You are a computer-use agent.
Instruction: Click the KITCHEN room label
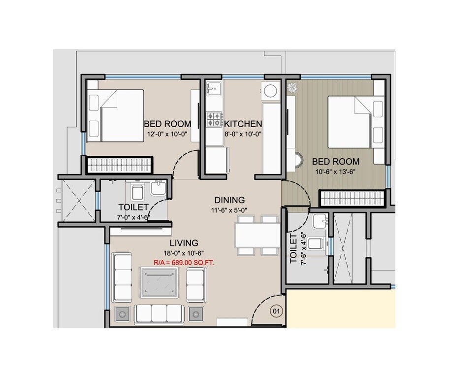point(243,123)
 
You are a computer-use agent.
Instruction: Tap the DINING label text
point(229,200)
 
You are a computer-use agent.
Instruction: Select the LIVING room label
point(184,243)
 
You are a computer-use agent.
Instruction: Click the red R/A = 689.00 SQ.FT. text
point(184,263)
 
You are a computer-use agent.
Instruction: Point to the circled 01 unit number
point(276,311)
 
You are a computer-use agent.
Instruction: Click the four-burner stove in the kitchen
point(214,119)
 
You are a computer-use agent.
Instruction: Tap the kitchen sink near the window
point(214,89)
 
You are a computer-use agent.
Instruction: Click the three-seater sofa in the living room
point(159,313)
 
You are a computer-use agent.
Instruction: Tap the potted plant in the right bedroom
point(292,88)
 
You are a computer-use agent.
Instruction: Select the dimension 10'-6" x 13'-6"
point(336,172)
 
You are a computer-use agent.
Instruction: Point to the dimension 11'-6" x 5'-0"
point(229,210)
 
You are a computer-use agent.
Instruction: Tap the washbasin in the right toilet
point(320,221)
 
